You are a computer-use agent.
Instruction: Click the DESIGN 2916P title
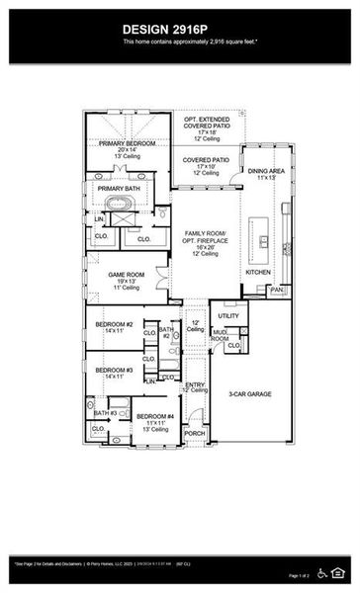[x=180, y=30]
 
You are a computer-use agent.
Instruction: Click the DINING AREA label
[x=265, y=171]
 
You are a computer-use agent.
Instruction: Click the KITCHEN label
[x=257, y=271]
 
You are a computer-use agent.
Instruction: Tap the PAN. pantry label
[x=278, y=290]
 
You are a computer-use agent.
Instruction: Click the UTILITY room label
[x=228, y=316]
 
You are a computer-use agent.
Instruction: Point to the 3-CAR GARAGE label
[x=249, y=393]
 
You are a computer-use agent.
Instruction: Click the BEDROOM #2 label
[x=115, y=323]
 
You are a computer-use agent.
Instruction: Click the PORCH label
[x=195, y=433]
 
